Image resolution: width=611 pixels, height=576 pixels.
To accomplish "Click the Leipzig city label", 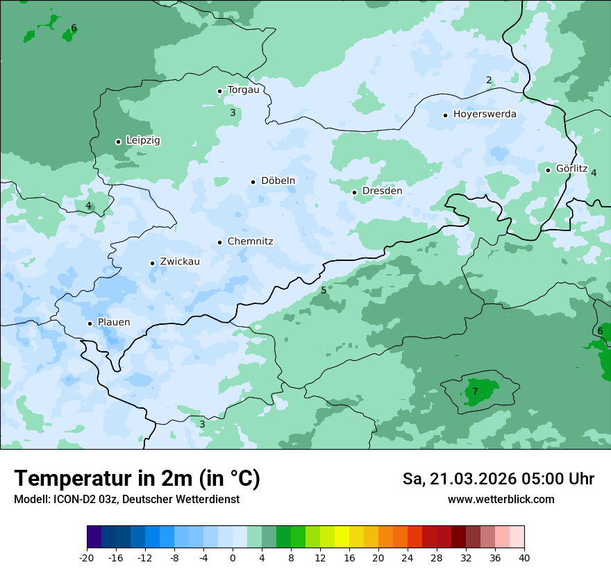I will pyautogui.click(x=143, y=140).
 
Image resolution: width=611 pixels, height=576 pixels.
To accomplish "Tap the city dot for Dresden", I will pyautogui.click(x=354, y=192).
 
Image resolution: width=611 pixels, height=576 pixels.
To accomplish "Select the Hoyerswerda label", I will pyautogui.click(x=485, y=114).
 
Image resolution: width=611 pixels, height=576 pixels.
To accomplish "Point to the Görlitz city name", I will pyautogui.click(x=571, y=169).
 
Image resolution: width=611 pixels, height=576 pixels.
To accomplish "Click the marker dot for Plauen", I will pyautogui.click(x=90, y=323).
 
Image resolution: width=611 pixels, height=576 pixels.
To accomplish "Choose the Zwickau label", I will pyautogui.click(x=180, y=262).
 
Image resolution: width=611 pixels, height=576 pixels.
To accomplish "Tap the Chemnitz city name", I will pyautogui.click(x=250, y=242).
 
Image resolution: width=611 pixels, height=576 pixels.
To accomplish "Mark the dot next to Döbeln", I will pyautogui.click(x=253, y=182).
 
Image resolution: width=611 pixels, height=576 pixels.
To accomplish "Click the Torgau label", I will pyautogui.click(x=243, y=90).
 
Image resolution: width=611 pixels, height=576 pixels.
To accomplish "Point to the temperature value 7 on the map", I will pyautogui.click(x=475, y=391).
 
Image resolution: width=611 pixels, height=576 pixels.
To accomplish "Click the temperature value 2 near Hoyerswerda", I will pyautogui.click(x=489, y=80).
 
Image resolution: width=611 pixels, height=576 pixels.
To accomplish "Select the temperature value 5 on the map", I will pyautogui.click(x=324, y=289).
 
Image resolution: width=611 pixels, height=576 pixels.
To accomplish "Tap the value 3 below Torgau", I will pyautogui.click(x=233, y=112).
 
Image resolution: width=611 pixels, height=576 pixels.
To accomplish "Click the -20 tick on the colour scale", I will pyautogui.click(x=87, y=557).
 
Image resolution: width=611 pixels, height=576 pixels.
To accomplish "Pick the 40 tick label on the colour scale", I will pyautogui.click(x=524, y=557).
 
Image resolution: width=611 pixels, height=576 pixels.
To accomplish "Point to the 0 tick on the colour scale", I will pyautogui.click(x=233, y=557).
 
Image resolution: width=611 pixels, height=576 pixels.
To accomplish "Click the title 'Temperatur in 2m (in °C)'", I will pyautogui.click(x=137, y=478).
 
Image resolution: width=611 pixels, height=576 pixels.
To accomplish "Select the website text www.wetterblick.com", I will pyautogui.click(x=501, y=499).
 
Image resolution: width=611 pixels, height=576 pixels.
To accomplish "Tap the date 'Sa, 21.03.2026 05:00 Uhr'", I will pyautogui.click(x=498, y=479).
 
